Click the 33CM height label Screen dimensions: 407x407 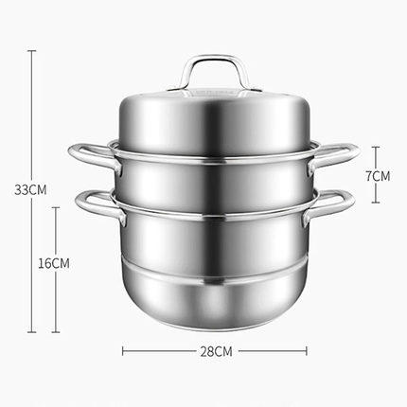coord(33,188)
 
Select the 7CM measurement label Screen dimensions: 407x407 coord(377,176)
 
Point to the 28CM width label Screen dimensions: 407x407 coord(216,351)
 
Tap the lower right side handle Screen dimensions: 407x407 coord(335,202)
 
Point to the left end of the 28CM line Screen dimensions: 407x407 coord(124,351)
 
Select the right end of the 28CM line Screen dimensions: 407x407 coord(307,351)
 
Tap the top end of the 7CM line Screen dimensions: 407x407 coord(377,147)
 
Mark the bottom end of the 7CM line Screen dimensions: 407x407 coord(377,203)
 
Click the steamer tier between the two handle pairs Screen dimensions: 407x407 coord(216,175)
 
